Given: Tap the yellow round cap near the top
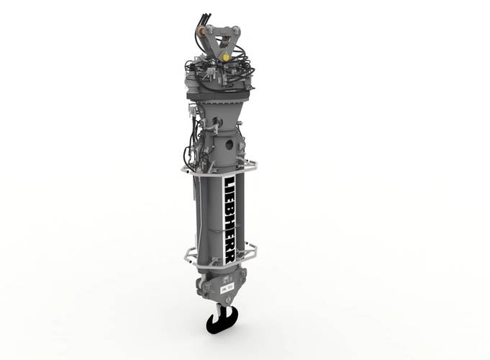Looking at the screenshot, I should click(225, 55).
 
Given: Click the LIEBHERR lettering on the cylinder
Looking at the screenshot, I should click(233, 216).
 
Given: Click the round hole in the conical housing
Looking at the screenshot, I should click(230, 143).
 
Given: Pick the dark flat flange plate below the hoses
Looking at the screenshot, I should click(216, 96).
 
